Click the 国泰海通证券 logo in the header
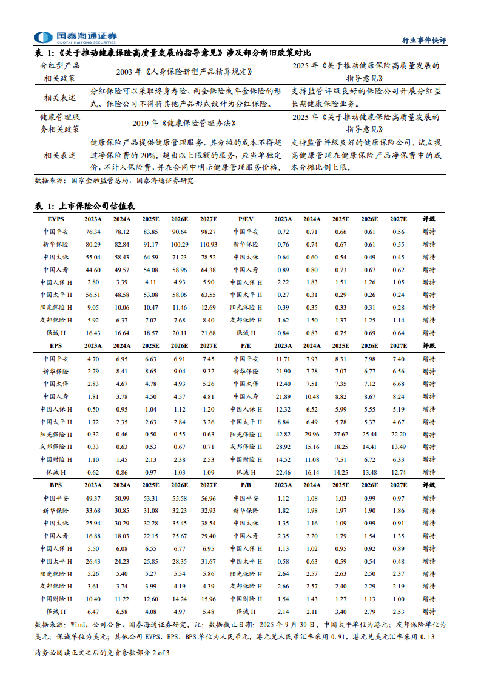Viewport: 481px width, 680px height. coord(75,37)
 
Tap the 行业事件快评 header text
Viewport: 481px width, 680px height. coord(425,40)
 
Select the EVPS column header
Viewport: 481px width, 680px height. coord(56,219)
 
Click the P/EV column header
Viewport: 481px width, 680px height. coord(246,219)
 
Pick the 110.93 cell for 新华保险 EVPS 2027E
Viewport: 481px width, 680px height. coord(208,244)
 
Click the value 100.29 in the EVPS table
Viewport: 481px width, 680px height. coord(180,244)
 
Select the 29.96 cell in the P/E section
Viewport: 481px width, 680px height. coord(312,434)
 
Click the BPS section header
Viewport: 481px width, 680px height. coord(56,485)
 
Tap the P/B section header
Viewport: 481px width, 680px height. coord(246,485)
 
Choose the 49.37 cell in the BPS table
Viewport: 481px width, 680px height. coord(93,498)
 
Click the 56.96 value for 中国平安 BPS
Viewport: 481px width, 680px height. coord(208,498)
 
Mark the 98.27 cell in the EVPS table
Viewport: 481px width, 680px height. coord(208,232)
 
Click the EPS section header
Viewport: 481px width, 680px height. coord(56,345)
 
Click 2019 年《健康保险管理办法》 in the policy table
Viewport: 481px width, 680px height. coord(184,123)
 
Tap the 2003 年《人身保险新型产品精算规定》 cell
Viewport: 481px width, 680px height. coord(184,72)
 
